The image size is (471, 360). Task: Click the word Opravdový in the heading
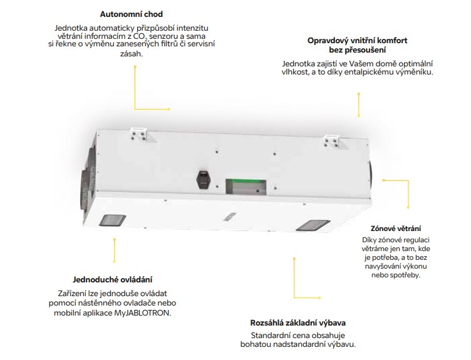pos(327,41)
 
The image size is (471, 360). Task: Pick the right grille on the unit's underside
pos(311,224)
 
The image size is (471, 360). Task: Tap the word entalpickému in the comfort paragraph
pos(367,73)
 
